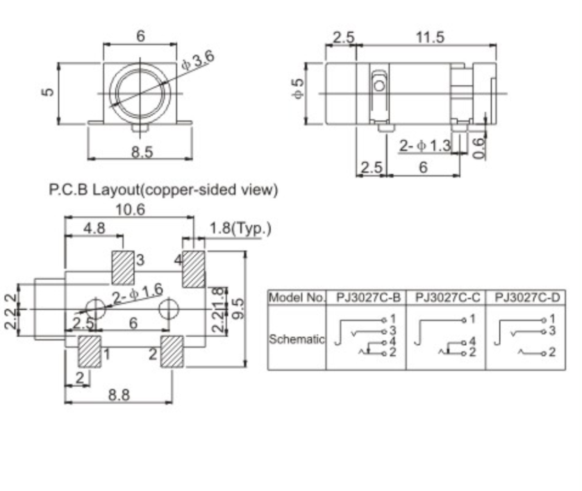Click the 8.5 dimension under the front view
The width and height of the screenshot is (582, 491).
pyautogui.click(x=141, y=152)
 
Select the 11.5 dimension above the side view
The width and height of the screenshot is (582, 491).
pyautogui.click(x=429, y=38)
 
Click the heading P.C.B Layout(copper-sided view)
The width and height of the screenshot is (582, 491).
pyautogui.click(x=163, y=190)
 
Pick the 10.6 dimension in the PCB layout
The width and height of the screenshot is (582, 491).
pyautogui.click(x=130, y=209)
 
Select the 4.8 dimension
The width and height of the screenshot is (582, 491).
pyautogui.click(x=94, y=228)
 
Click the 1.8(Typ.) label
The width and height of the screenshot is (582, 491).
pyautogui.click(x=240, y=228)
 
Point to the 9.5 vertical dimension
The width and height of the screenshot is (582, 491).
pyautogui.click(x=238, y=306)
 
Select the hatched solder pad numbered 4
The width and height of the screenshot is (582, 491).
pyautogui.click(x=192, y=268)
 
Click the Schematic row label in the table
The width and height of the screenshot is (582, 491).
pyautogui.click(x=297, y=340)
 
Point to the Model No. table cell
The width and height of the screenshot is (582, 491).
pyautogui.click(x=297, y=298)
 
